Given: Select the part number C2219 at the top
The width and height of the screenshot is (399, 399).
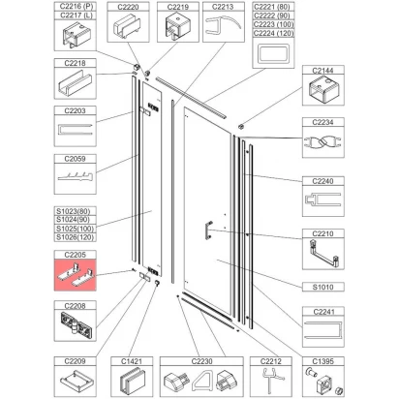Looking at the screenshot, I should [177, 7].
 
